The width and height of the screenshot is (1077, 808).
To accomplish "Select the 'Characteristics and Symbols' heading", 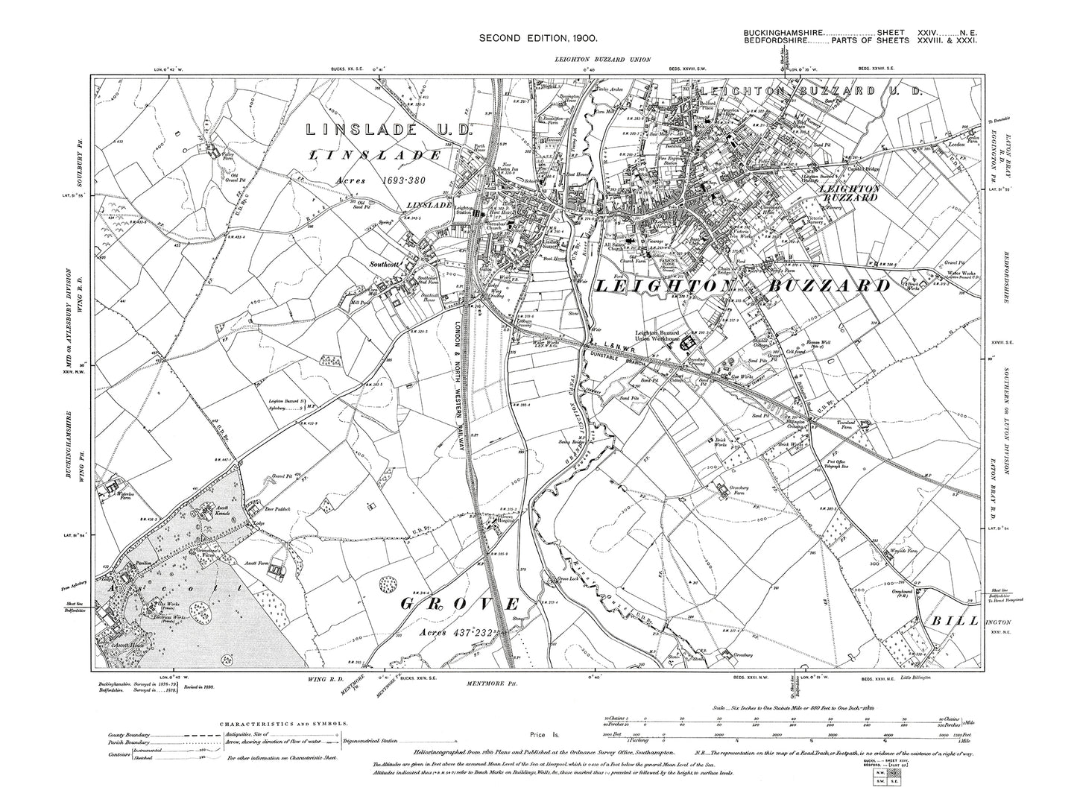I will click(279, 722).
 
